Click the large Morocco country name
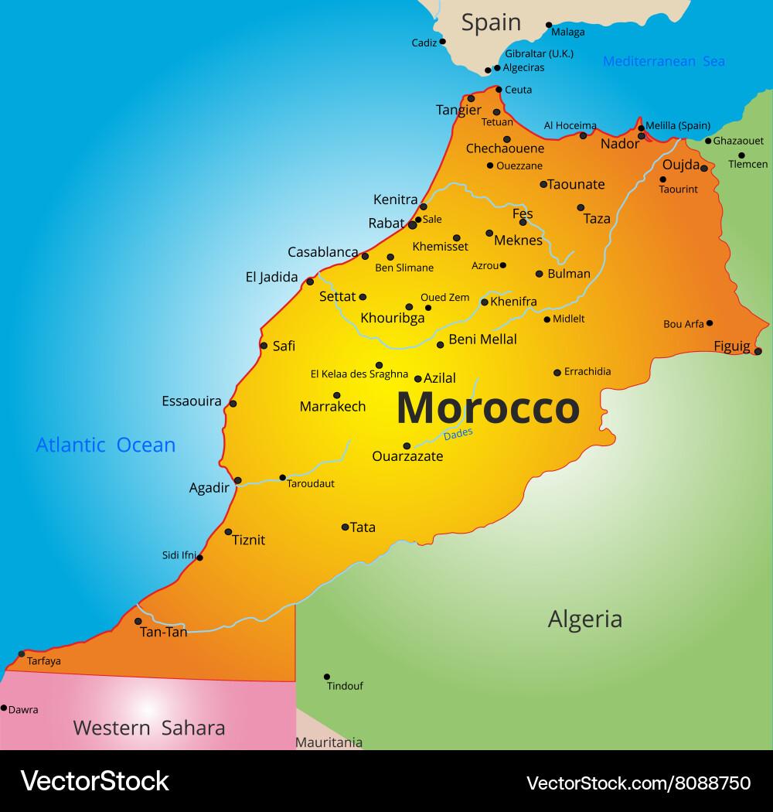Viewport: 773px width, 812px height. [488, 408]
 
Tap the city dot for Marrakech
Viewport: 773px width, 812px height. [336, 395]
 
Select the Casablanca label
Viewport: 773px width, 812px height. [322, 252]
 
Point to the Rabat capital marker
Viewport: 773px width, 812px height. [412, 225]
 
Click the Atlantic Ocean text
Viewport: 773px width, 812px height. [106, 445]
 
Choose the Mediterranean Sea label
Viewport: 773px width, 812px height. [663, 61]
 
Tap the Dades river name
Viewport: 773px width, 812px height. [458, 435]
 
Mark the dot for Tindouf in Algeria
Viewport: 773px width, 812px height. [327, 677]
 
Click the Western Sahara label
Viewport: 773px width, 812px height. [149, 728]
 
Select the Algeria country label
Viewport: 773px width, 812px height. [584, 619]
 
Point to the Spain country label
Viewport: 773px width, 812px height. [491, 23]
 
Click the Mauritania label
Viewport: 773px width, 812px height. [329, 742]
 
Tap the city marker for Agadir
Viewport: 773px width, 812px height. [237, 480]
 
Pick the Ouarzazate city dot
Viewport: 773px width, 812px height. [407, 445]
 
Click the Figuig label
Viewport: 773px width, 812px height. [731, 346]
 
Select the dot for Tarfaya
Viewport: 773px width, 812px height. [22, 653]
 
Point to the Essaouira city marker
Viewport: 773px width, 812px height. [233, 403]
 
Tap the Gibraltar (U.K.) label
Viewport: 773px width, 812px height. [538, 53]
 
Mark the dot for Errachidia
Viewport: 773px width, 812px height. [557, 372]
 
